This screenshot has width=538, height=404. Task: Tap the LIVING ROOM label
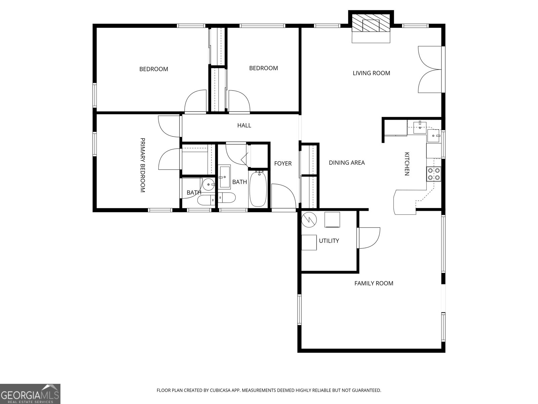point(371,73)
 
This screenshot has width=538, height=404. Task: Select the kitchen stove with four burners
point(434,174)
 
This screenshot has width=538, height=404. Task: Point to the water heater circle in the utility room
point(309,220)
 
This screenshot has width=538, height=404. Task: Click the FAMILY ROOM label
point(374,283)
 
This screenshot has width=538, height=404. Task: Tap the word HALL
point(244,125)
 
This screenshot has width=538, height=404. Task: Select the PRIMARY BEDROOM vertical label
point(142,165)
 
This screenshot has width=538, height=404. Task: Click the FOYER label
point(283,163)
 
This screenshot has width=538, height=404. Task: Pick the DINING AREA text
point(347,163)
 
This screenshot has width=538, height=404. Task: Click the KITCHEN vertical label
point(407,164)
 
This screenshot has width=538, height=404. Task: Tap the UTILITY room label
point(329,241)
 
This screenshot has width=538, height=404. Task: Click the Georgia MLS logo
point(30,394)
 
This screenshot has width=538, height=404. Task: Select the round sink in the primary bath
point(209,184)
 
